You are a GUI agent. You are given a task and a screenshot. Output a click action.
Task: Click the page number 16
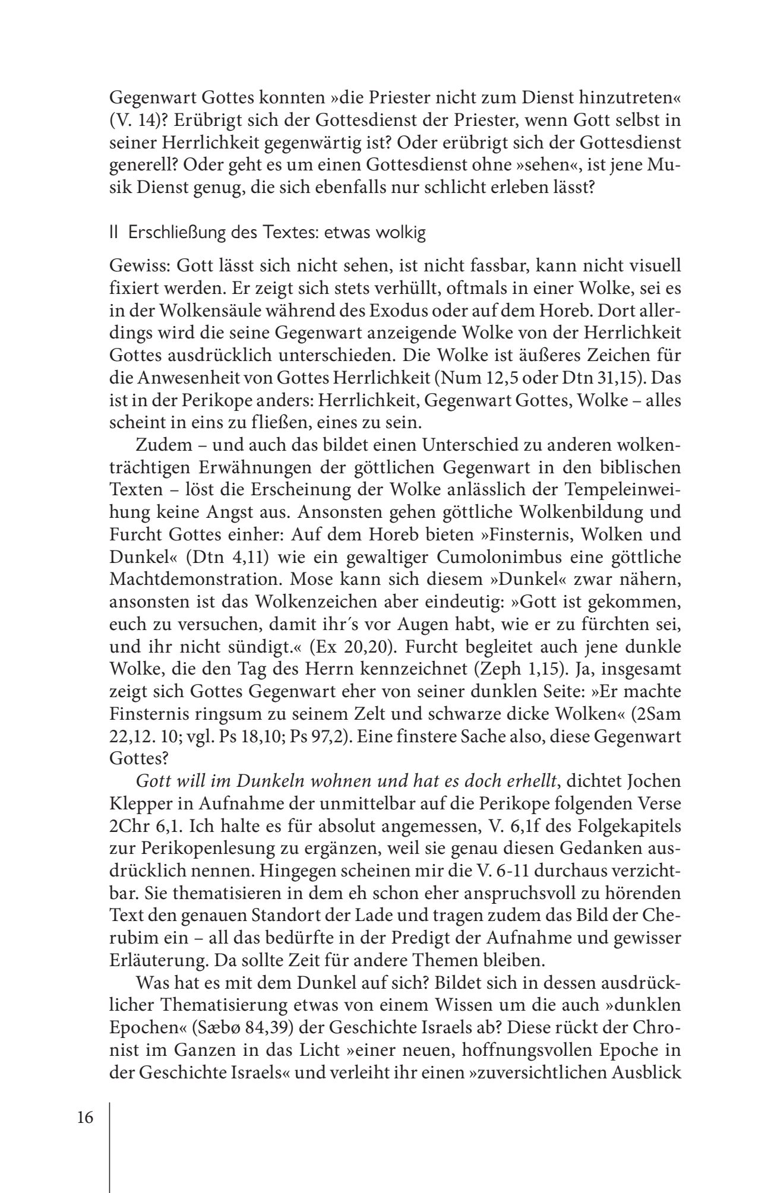(x=85, y=1118)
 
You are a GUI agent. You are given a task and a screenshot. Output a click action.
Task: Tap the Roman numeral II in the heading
(x=114, y=233)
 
